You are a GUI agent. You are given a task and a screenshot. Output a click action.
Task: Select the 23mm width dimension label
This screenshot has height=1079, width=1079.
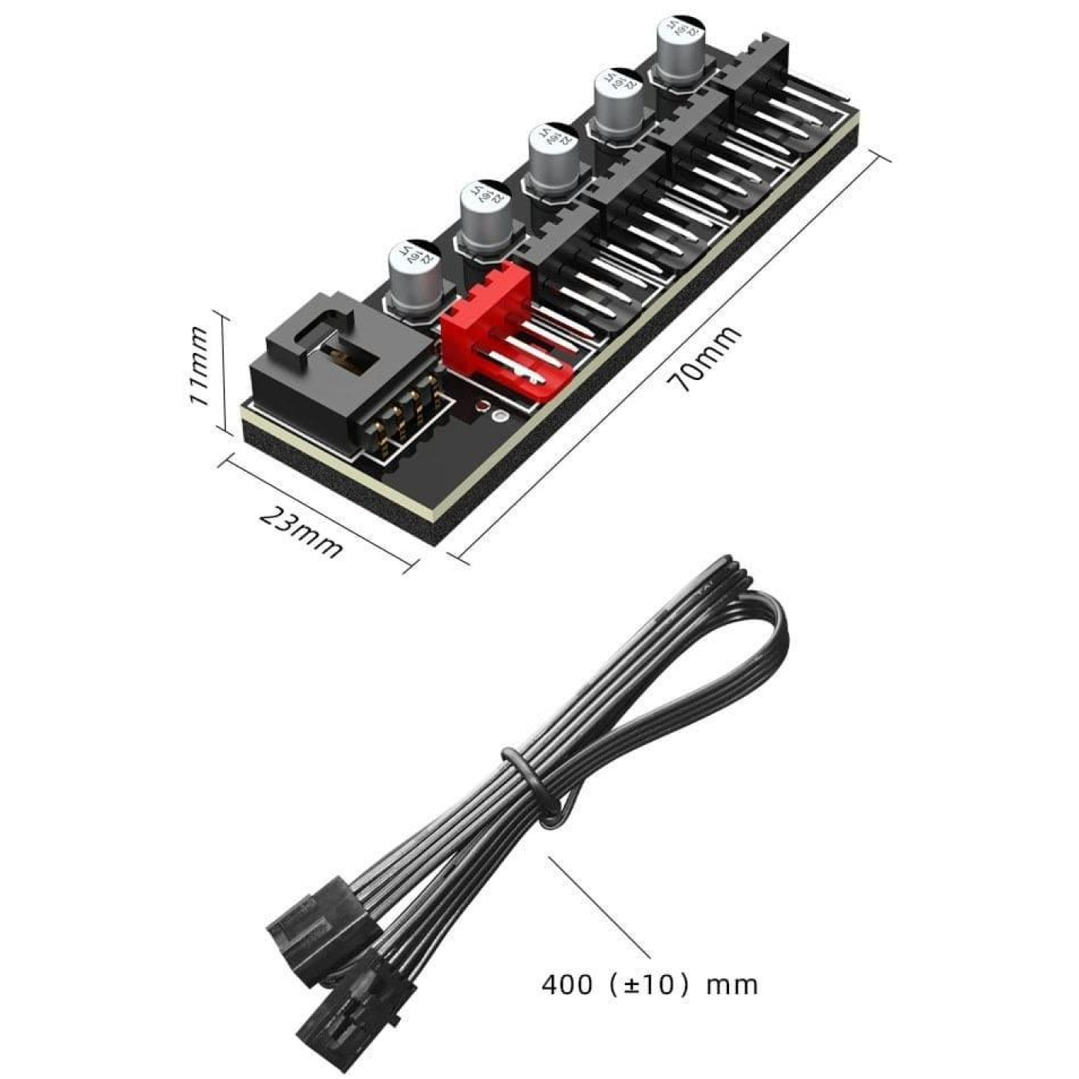pyautogui.click(x=301, y=532)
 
